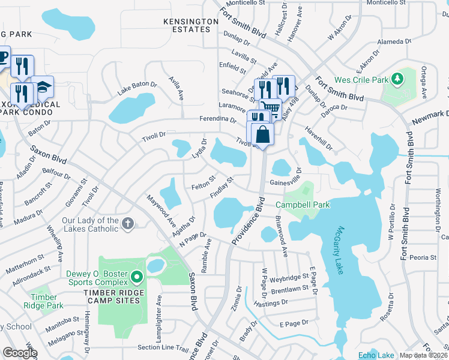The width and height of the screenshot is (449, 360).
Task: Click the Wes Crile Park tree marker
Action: (396, 79)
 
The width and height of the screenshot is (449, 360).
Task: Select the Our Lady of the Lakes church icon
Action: (127, 224)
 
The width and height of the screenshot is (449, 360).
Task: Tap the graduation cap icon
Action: (42, 88)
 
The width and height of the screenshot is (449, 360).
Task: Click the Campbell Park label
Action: (303, 205)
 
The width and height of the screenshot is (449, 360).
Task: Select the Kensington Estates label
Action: (191, 25)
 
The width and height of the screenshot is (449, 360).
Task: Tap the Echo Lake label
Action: (376, 355)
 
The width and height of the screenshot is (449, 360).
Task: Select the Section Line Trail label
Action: (163, 348)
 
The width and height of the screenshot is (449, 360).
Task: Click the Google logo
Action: (20, 353)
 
